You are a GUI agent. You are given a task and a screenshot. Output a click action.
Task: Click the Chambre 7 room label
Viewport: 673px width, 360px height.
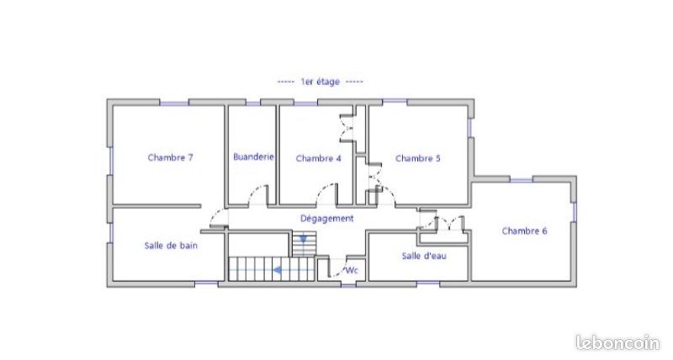pyautogui.click(x=171, y=157)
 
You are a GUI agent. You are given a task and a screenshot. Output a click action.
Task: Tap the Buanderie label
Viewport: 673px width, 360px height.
pyautogui.click(x=253, y=156)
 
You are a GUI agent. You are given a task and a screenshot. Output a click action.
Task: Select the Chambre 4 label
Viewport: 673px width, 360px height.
pyautogui.click(x=319, y=158)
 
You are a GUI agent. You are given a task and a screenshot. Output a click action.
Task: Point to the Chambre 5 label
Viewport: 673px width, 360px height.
pyautogui.click(x=417, y=158)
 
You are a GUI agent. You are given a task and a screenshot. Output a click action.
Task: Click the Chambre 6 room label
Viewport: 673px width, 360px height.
pyautogui.click(x=524, y=230)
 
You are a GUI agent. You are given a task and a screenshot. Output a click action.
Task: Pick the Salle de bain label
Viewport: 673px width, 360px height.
pyautogui.click(x=171, y=246)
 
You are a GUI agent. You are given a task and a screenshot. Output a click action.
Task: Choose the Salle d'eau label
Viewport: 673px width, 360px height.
pyautogui.click(x=424, y=256)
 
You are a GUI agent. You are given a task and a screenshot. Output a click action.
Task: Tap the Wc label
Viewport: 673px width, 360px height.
pyautogui.click(x=352, y=270)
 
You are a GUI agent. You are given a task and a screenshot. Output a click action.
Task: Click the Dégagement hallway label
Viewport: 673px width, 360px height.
pyautogui.click(x=327, y=219)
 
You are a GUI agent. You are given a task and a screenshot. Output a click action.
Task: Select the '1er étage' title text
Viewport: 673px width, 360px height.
pyautogui.click(x=321, y=82)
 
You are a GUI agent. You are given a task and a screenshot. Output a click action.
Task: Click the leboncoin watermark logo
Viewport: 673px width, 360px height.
pyautogui.click(x=617, y=342)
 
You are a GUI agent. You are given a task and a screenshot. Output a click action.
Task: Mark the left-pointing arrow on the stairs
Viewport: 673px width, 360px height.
pyautogui.click(x=278, y=270)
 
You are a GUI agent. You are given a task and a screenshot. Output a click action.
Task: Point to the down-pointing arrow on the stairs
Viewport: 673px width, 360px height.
pyautogui.click(x=304, y=238)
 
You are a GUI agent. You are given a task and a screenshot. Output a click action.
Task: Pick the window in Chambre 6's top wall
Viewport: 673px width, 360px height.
pyautogui.click(x=521, y=180)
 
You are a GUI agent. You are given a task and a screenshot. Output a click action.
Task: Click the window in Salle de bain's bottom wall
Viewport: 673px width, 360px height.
pyautogui.click(x=206, y=283)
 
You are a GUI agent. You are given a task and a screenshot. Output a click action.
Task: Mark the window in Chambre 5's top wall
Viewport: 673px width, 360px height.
pyautogui.click(x=395, y=102)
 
